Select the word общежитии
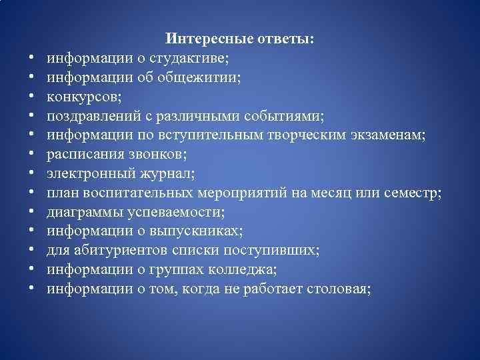coord(199,78)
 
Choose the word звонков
coord(159,155)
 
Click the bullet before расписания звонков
coord(31,155)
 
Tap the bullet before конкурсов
coord(31,97)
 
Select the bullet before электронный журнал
coord(31,175)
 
